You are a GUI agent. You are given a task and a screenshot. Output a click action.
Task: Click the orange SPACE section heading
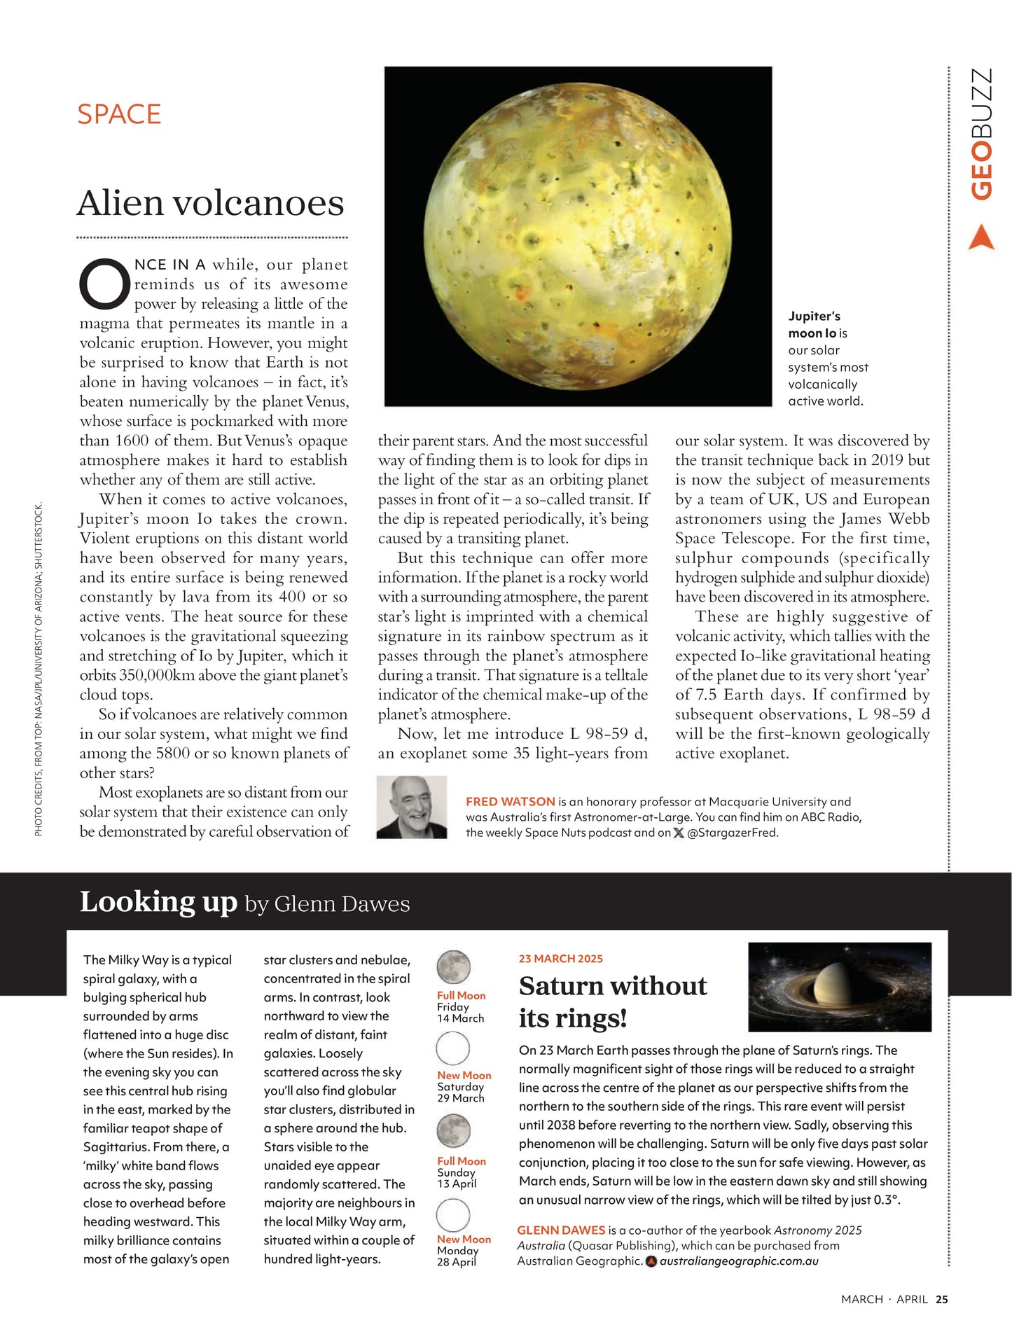(x=119, y=114)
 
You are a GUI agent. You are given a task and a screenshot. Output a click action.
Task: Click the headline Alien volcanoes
(x=210, y=203)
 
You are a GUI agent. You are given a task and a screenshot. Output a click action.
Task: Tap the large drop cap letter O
(x=104, y=284)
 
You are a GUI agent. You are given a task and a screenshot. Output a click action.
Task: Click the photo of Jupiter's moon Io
(x=578, y=236)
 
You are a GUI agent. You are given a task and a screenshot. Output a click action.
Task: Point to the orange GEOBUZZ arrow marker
(x=981, y=237)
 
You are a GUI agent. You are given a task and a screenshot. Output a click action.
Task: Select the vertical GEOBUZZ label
(x=982, y=133)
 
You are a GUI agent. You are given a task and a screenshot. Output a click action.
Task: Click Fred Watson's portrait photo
(x=412, y=807)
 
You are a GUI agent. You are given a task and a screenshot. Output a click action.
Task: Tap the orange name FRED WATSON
(x=511, y=802)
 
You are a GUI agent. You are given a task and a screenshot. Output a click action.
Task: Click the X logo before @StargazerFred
(x=678, y=833)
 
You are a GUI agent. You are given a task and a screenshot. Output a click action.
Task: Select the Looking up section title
(x=159, y=902)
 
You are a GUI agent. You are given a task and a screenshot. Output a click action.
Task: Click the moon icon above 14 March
(x=453, y=967)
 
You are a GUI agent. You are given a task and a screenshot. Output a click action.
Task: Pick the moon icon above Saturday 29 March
(x=453, y=1048)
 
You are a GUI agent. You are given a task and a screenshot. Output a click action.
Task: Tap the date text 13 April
(x=457, y=1184)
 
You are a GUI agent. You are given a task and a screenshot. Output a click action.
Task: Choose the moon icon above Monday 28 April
(x=453, y=1215)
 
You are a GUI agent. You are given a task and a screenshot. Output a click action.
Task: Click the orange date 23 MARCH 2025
(x=560, y=959)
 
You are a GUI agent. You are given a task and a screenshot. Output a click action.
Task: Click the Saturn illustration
(x=840, y=987)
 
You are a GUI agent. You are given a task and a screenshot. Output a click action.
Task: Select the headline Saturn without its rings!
(x=613, y=1001)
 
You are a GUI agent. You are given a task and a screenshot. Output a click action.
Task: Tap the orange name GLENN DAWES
(x=561, y=1230)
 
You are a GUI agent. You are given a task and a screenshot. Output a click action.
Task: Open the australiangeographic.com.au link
(x=739, y=1261)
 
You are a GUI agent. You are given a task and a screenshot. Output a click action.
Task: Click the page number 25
(x=942, y=1299)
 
